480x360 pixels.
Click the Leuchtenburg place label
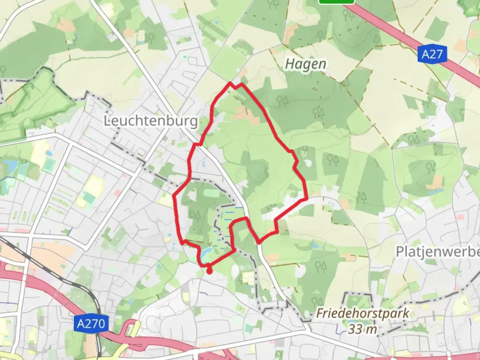(x=151, y=121)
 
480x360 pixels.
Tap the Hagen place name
(x=306, y=64)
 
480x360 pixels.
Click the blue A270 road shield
(x=91, y=323)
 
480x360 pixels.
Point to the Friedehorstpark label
(x=363, y=313)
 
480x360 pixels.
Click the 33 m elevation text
(x=363, y=329)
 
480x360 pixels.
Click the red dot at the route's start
(x=209, y=271)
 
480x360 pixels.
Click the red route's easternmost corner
(x=306, y=199)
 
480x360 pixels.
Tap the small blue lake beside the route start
(x=205, y=255)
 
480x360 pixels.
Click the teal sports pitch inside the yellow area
(x=89, y=198)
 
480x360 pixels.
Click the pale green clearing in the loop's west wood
(x=207, y=193)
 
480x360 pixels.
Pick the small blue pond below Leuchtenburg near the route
(x=202, y=164)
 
